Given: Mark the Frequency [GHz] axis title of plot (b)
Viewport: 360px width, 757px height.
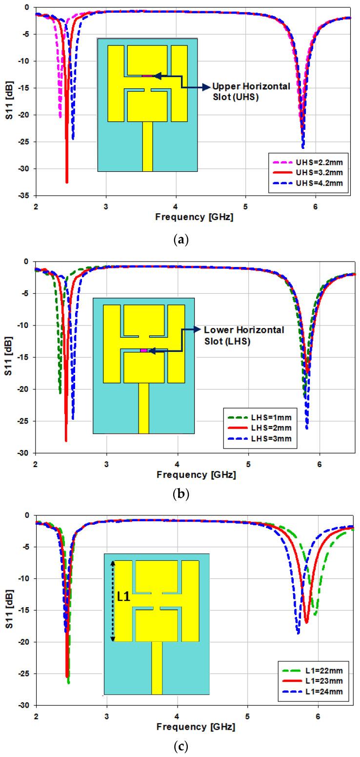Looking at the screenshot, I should click(x=195, y=474).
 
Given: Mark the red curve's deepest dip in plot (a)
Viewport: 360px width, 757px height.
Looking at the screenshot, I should click(x=67, y=182).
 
